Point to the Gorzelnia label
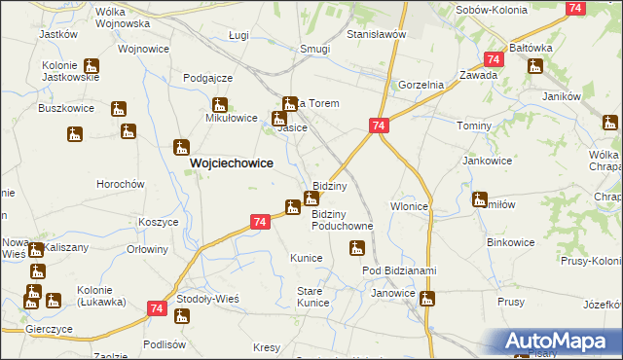click(x=420, y=85)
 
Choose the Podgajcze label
click(x=206, y=78)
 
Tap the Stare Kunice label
click(x=312, y=297)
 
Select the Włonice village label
click(x=410, y=206)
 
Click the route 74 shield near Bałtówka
click(x=494, y=60)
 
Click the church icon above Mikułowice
click(x=219, y=105)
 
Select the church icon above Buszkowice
click(x=119, y=108)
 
